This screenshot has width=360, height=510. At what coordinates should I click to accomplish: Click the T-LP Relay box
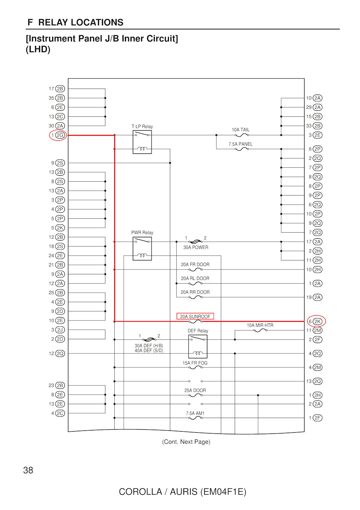(142, 142)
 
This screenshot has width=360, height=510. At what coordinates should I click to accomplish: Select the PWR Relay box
(142, 248)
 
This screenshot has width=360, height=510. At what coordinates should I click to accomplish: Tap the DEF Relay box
(198, 346)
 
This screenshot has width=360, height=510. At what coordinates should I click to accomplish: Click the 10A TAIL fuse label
(240, 130)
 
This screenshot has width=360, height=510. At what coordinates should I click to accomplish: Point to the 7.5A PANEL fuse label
(240, 144)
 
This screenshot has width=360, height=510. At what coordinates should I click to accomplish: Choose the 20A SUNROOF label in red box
(195, 316)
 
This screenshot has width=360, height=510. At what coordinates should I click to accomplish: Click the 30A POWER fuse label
(196, 247)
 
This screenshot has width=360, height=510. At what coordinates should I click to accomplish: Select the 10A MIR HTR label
(260, 325)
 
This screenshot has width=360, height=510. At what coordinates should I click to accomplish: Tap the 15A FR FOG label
(195, 363)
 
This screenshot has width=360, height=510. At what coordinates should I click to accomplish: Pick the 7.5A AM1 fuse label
(195, 413)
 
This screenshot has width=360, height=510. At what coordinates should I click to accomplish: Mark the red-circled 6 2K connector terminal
(316, 322)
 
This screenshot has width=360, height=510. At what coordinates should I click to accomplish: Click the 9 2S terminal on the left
(58, 163)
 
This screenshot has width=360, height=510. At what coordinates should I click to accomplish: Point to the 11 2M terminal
(314, 330)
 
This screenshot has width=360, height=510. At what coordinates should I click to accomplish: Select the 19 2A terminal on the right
(314, 297)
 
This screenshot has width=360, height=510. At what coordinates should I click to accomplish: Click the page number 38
(28, 470)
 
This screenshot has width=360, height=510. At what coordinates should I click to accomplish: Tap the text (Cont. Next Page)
(186, 442)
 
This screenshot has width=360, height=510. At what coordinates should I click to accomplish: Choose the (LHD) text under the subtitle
(38, 50)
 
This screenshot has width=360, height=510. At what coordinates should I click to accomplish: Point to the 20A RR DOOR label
(195, 292)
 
